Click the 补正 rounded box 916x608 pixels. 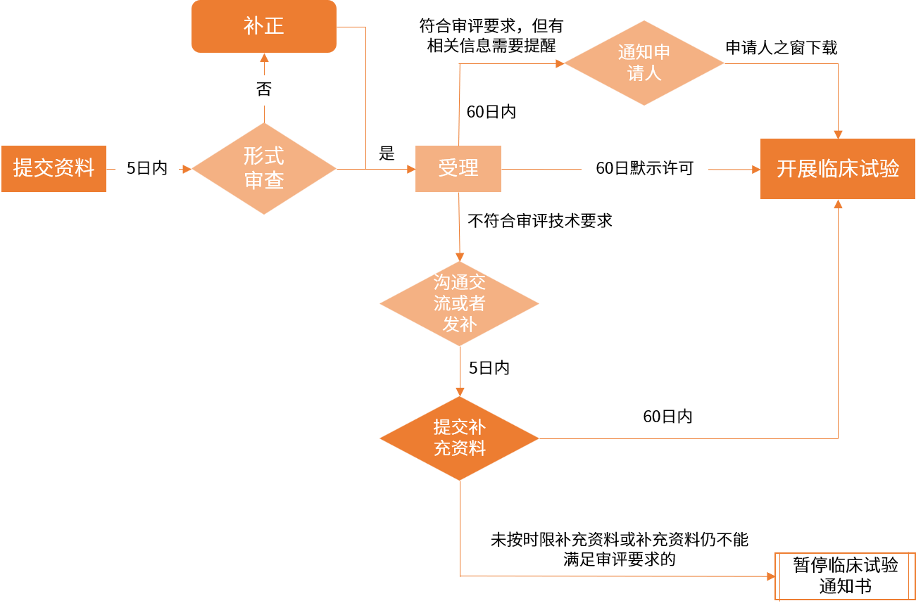click(x=264, y=27)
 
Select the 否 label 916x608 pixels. click(x=263, y=90)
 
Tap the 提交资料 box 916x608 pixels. click(x=54, y=169)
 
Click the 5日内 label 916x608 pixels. click(x=147, y=169)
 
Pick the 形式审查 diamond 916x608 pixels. click(x=264, y=169)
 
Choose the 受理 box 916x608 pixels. click(x=458, y=169)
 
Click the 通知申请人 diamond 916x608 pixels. click(x=644, y=63)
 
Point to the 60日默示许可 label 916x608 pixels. click(x=644, y=169)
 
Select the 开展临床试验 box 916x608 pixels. click(x=838, y=169)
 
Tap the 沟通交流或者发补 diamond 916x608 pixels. click(x=459, y=304)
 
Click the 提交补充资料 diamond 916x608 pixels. click(x=459, y=438)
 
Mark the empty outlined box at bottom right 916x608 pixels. click(x=845, y=576)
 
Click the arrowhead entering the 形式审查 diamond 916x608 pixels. click(x=187, y=169)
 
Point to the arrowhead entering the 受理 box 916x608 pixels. click(x=411, y=169)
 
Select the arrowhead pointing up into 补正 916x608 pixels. click(x=264, y=57)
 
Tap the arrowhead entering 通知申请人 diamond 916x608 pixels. click(x=560, y=63)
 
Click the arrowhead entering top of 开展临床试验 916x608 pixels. click(x=838, y=134)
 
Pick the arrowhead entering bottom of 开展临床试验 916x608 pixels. click(x=838, y=204)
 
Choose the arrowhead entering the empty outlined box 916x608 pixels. click(x=770, y=576)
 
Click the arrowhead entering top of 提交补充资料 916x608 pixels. click(x=460, y=392)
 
